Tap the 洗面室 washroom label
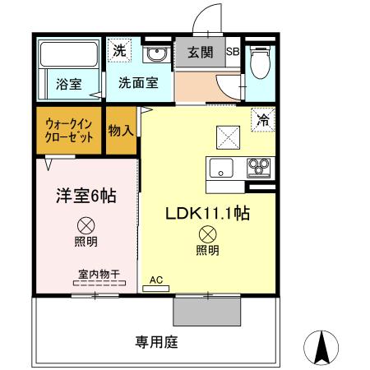tap(137, 83)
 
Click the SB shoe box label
tap(233, 53)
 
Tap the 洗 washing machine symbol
tap(120, 49)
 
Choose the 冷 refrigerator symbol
tap(263, 119)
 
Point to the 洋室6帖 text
tap(85, 197)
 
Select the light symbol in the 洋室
tap(85, 224)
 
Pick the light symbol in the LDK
tap(207, 234)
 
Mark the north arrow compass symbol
tap(321, 347)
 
